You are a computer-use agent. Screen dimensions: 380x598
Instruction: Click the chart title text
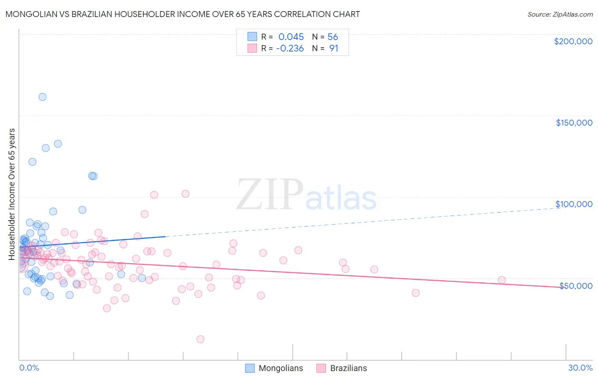pos(182,14)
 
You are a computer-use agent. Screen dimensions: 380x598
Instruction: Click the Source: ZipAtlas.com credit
pos(560,14)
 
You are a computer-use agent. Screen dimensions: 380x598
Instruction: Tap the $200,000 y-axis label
pos(573,41)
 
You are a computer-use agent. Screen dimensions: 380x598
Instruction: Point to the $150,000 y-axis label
pos(574,123)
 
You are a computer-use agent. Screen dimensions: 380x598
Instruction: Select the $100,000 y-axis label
pos(574,204)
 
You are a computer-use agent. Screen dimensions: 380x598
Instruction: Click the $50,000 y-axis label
pos(575,286)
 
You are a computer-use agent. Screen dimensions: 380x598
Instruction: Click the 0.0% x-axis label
pos(29,368)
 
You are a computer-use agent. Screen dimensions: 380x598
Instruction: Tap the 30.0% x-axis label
pos(580,368)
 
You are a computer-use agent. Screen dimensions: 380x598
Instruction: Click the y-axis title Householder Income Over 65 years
pos(11,194)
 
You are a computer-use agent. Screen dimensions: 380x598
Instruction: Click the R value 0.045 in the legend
pos(291,37)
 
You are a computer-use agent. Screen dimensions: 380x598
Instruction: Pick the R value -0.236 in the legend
pos(290,49)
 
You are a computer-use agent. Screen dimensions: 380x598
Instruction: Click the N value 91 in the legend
pos(333,49)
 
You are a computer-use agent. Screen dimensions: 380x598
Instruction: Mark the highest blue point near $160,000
pos(43,97)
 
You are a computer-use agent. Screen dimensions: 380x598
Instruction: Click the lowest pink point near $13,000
pos(200,339)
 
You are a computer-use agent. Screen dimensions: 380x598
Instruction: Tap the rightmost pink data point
pos(502,280)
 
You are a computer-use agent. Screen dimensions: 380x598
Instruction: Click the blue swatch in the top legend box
pos(252,37)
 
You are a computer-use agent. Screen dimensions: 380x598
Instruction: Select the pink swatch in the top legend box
pos(252,49)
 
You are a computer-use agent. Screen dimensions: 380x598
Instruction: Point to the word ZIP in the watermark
pos(269,195)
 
